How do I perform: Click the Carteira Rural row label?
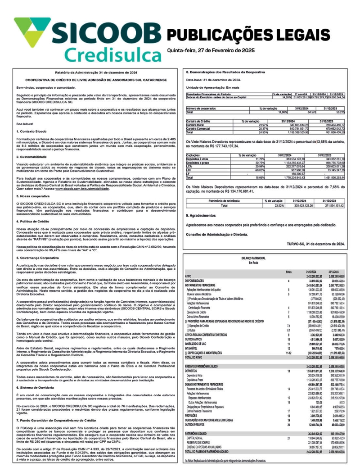198,125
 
